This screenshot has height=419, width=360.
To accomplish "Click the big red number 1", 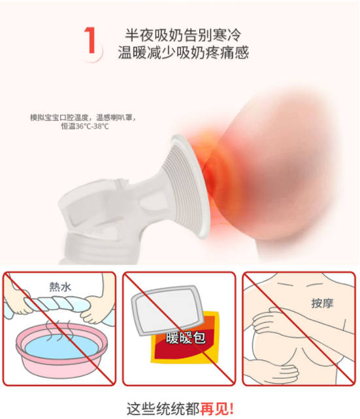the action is (x=90, y=40).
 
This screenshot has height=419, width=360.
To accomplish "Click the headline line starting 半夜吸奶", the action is (x=183, y=35).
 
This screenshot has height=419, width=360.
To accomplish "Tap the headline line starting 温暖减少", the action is (x=184, y=52).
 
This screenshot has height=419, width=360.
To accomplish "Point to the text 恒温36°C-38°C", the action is (x=85, y=126).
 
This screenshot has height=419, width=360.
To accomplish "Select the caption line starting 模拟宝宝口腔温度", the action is (x=83, y=117).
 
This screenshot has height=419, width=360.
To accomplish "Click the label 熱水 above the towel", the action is (x=60, y=287).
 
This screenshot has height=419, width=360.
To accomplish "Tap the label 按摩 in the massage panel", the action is (x=322, y=303).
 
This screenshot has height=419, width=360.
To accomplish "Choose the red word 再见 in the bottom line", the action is (x=214, y=409).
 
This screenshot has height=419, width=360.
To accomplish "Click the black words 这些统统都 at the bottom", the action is (x=163, y=409).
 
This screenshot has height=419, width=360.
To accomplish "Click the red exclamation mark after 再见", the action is (x=231, y=409).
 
